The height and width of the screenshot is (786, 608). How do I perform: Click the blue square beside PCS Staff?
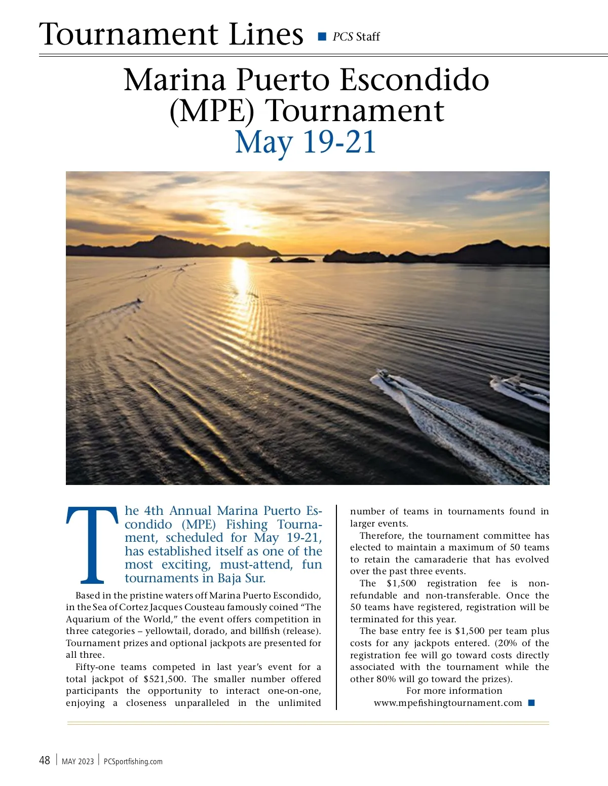click(322, 36)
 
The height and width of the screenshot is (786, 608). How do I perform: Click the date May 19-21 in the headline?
click(306, 142)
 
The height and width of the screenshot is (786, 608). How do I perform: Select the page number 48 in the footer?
click(45, 760)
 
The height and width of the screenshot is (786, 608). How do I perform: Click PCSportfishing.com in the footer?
click(133, 761)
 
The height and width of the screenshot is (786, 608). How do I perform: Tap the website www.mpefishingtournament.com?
click(448, 703)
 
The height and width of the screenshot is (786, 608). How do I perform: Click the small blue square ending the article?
click(531, 703)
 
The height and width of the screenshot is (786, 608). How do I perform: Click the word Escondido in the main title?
click(414, 80)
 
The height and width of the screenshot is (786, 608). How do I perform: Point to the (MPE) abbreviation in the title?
click(211, 111)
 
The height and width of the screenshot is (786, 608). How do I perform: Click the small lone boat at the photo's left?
click(138, 303)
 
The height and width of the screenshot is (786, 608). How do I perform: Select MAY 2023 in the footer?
click(78, 761)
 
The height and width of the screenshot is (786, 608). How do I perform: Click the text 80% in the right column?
click(386, 679)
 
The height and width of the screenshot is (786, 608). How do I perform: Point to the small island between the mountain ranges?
click(292, 259)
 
